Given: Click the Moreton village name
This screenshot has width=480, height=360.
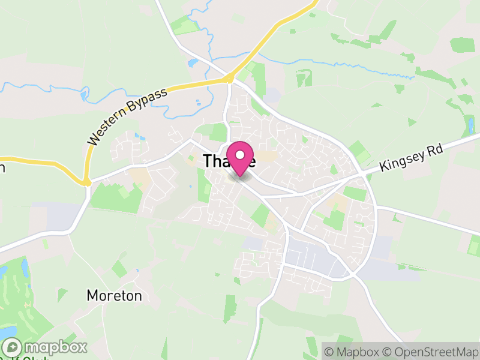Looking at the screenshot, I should pyautogui.click(x=114, y=296).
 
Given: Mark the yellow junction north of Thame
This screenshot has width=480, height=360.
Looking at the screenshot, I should pyautogui.click(x=229, y=78).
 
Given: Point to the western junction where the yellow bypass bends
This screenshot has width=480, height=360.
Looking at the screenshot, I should pyautogui.click(x=87, y=182).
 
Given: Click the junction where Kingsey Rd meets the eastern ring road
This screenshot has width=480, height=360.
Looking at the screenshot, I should pyautogui.click(x=364, y=174).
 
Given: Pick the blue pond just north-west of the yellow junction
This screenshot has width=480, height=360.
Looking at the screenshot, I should pyautogui.click(x=193, y=62).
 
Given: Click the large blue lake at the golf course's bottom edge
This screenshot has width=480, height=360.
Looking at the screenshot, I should pyautogui.click(x=7, y=332).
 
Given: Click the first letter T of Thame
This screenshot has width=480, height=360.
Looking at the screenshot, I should pyautogui.click(x=208, y=161).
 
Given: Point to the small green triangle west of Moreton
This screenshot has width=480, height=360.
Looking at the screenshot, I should pyautogui.click(x=62, y=295).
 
